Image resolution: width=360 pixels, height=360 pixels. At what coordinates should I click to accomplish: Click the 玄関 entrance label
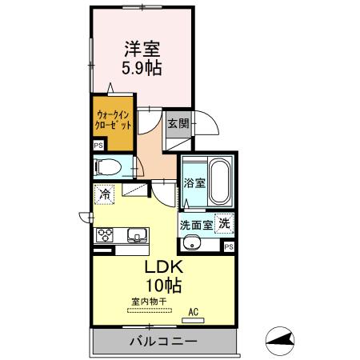[178, 123]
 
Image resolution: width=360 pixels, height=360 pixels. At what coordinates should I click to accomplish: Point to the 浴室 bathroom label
[194, 182]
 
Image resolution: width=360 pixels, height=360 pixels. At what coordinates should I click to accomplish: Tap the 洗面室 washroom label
[196, 225]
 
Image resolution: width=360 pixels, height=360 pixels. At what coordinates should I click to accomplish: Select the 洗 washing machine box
[225, 224]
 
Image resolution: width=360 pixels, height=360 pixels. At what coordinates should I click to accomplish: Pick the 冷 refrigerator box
[105, 193]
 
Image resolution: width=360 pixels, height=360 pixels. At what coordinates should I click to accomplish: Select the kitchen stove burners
[105, 235]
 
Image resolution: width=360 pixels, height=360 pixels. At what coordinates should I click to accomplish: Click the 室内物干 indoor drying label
[149, 301]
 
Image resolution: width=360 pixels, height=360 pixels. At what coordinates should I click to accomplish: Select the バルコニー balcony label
[163, 342]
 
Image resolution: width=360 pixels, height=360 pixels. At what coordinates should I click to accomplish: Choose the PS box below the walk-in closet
[98, 146]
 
